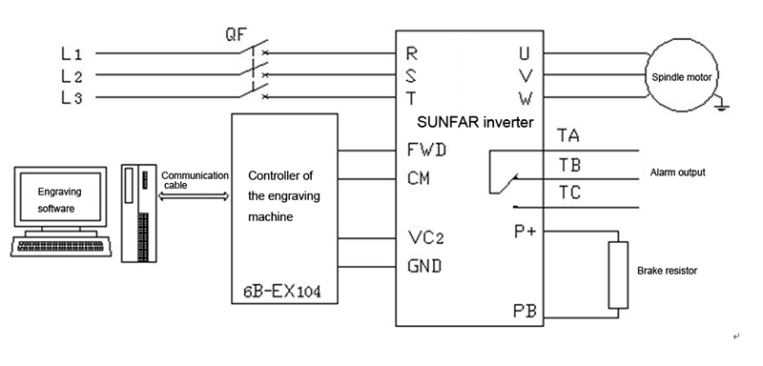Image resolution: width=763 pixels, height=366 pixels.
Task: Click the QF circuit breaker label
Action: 236,34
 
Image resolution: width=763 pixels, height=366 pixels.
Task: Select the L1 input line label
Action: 72,53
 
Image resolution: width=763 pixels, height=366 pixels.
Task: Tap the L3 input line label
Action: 72,98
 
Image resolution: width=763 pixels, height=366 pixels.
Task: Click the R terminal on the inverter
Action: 412,53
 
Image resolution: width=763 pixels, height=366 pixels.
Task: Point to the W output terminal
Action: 526,99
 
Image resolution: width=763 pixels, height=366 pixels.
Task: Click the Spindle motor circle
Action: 681,77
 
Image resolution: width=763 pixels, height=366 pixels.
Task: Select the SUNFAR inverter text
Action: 475,122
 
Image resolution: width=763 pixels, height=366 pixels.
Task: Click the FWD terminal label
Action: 426,151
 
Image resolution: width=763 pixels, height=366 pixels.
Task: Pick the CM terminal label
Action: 419,178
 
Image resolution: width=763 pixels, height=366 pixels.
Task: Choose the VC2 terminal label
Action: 425,237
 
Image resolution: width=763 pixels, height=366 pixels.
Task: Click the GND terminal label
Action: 424,266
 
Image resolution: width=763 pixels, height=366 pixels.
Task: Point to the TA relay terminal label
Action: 567,135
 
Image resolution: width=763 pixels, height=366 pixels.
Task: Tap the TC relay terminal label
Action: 568,193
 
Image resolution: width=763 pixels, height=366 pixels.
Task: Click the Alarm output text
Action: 678,173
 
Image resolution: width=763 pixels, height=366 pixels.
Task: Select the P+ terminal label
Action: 526,232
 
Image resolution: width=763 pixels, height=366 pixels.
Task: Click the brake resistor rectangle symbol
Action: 618,274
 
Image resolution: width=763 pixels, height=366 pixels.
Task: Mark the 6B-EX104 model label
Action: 282,292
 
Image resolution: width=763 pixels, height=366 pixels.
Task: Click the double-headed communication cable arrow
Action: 194,196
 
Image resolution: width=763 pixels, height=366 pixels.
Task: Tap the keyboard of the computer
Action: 61,247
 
